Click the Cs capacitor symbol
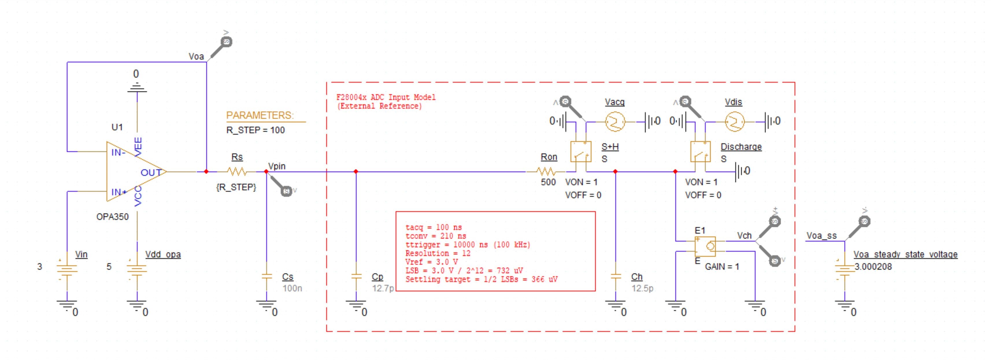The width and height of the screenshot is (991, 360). coord(266,276)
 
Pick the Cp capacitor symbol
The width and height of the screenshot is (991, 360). coord(356,276)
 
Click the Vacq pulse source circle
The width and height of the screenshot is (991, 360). coord(615,122)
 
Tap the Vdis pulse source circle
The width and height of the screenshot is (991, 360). coord(734,122)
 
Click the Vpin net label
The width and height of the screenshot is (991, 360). coord(277,166)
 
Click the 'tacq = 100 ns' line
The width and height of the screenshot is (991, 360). coord(434,227)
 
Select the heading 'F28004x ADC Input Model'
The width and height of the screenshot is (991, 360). coord(386,97)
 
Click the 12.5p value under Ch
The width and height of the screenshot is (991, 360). coord(642,288)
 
